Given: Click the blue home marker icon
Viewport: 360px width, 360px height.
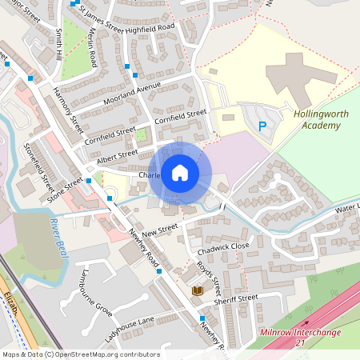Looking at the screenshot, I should coord(180,173).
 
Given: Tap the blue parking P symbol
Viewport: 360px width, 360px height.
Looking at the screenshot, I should coord(262,126).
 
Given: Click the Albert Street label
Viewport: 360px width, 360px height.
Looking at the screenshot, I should coord(116,157).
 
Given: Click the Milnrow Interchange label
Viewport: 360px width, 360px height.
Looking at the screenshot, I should coord(300,332).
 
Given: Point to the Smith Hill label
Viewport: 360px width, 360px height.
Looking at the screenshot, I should coord(59,46).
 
